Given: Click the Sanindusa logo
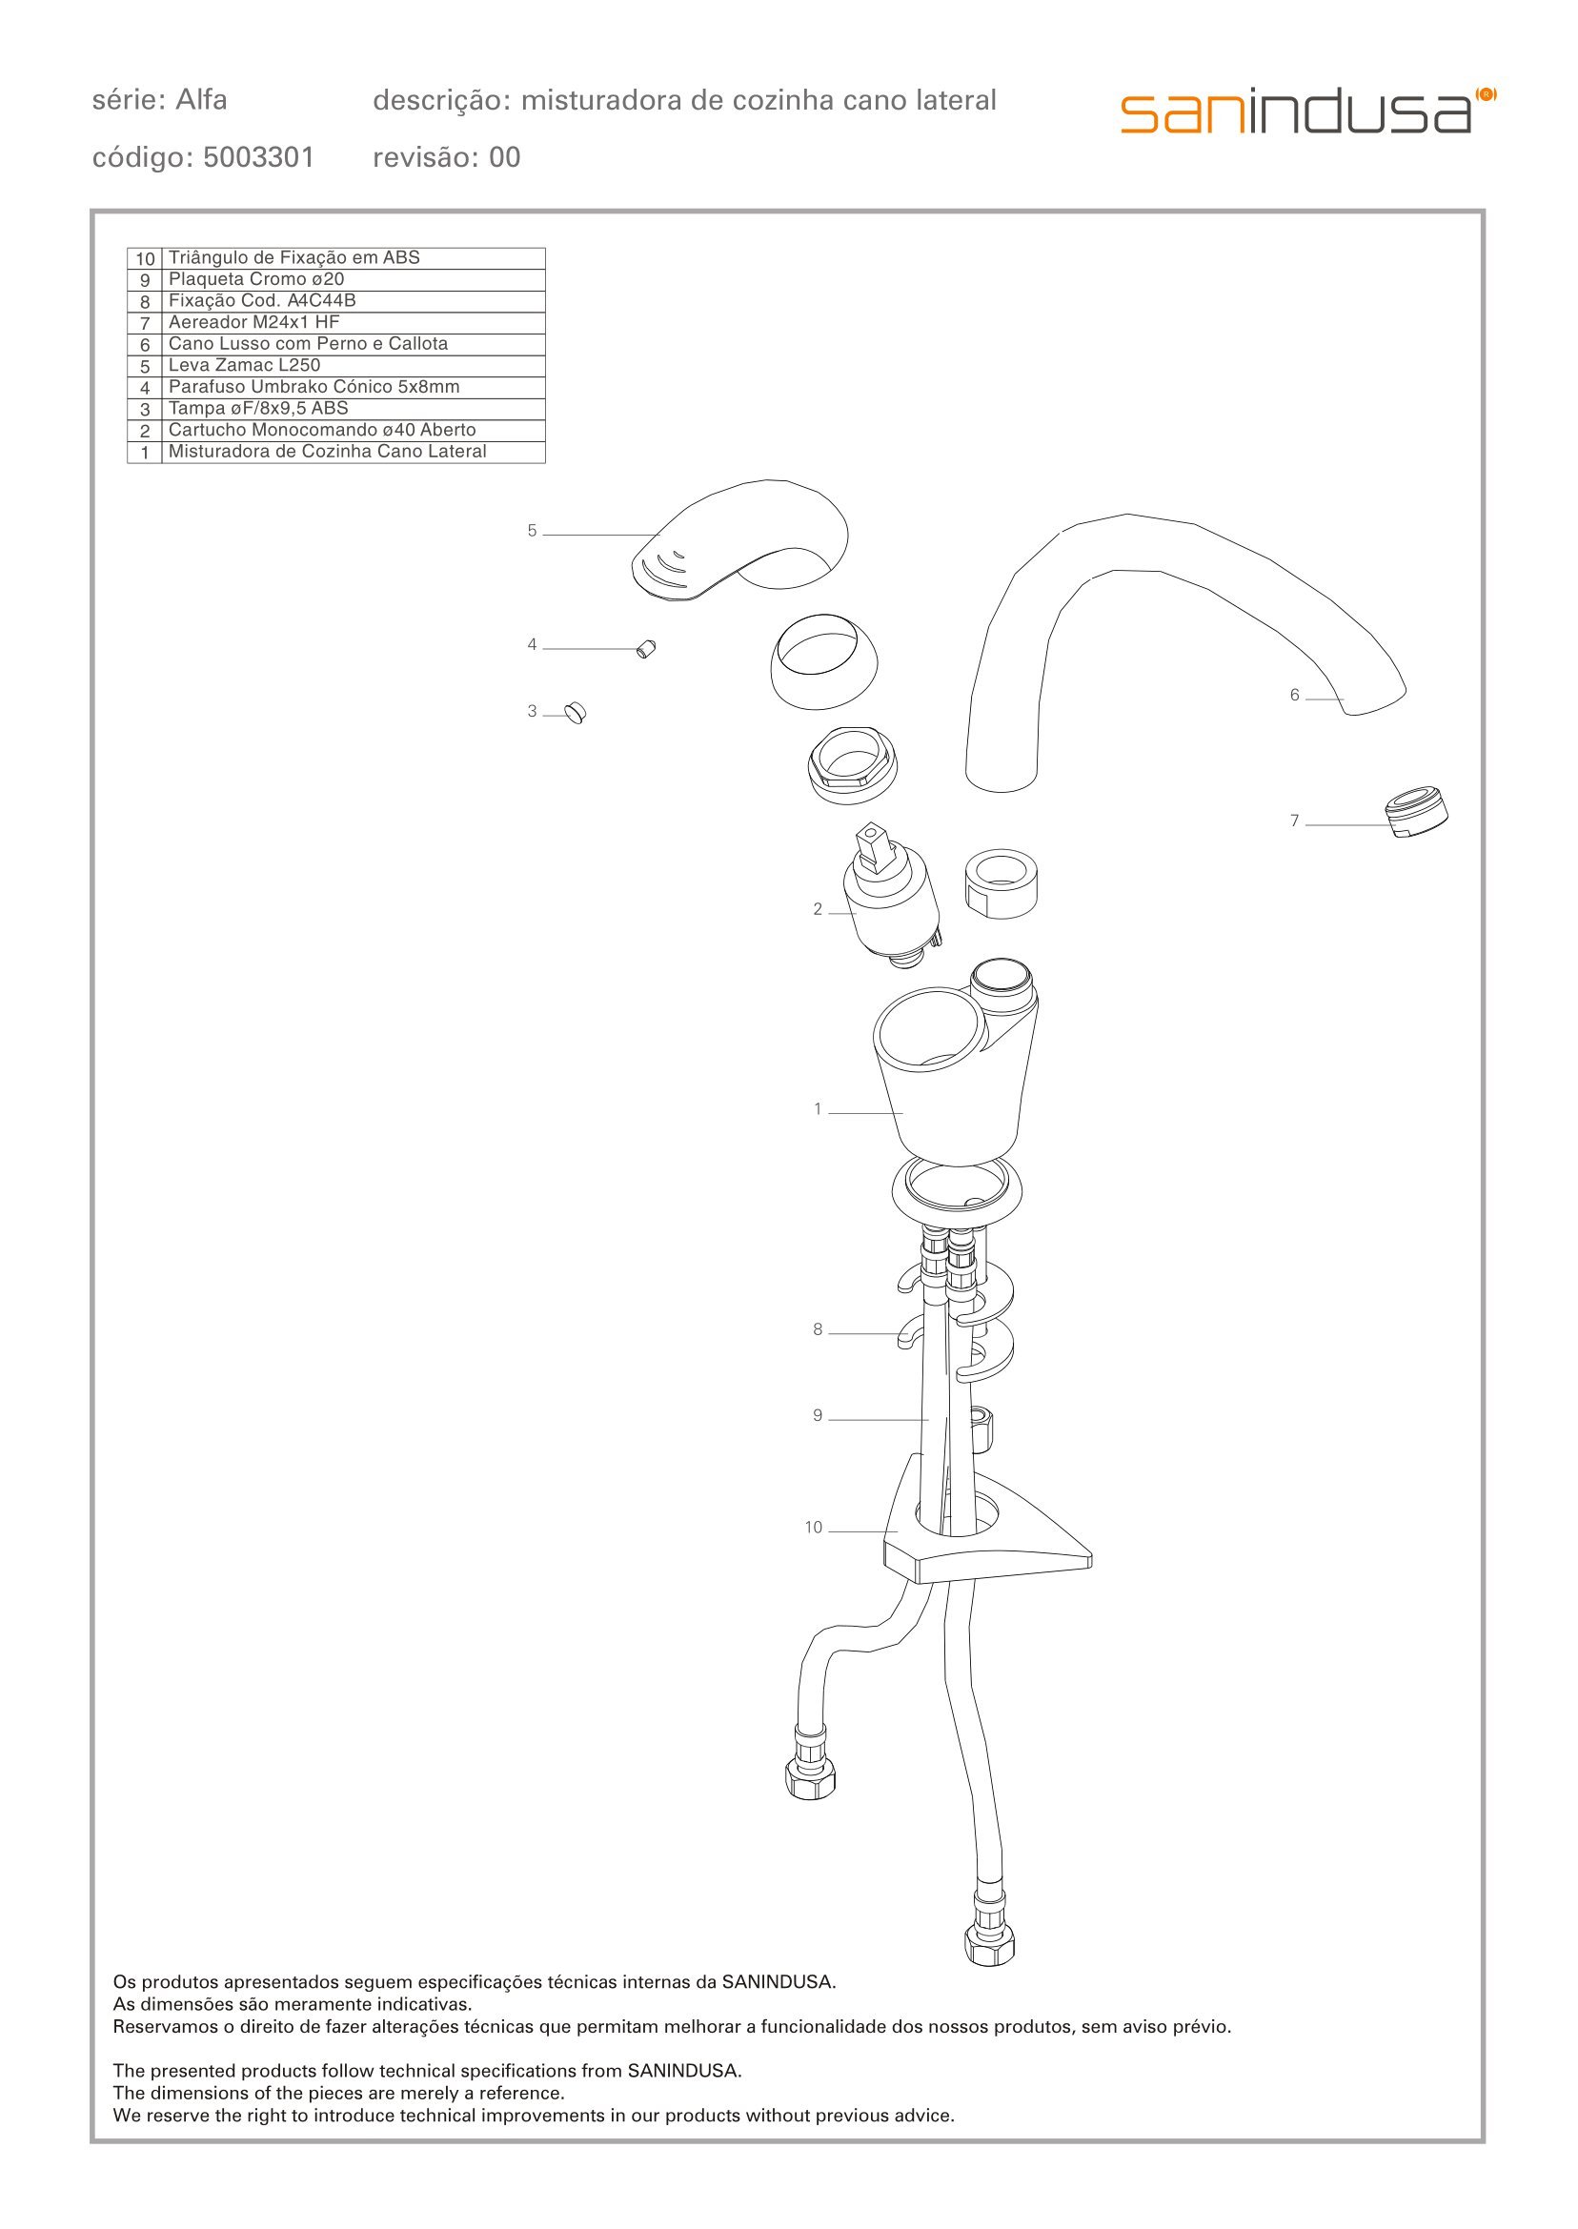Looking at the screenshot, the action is (x=1308, y=111).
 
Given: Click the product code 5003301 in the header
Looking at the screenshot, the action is (x=258, y=157).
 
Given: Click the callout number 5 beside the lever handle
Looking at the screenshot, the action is (x=532, y=531).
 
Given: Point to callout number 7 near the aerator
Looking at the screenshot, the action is (x=1294, y=821).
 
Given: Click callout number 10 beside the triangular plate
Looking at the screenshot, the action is (x=813, y=1528).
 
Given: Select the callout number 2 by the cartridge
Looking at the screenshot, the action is (x=819, y=909).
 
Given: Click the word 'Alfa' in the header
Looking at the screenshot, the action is (x=201, y=99).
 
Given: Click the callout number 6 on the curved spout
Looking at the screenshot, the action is (x=1294, y=695).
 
